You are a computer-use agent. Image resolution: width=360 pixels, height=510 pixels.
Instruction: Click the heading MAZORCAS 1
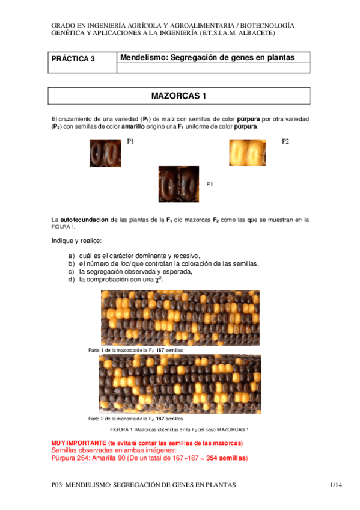click(x=178, y=96)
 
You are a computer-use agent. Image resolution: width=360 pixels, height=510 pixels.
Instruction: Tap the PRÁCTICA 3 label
click(x=73, y=59)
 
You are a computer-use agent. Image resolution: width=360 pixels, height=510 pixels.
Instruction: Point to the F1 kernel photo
click(x=178, y=184)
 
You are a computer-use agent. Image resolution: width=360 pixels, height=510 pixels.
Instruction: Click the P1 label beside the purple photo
click(x=130, y=141)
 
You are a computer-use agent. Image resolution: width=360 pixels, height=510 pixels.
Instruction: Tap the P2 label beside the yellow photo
click(x=285, y=141)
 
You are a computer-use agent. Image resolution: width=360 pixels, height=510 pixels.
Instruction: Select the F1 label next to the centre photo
click(x=210, y=184)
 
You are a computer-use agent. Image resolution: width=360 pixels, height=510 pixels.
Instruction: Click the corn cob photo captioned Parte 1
click(x=180, y=318)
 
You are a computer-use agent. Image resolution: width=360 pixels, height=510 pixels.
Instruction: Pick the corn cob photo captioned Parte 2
click(x=180, y=384)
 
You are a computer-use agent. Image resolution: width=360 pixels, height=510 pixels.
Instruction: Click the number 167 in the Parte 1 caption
click(x=160, y=350)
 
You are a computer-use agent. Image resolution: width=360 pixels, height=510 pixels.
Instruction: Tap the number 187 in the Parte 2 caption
click(x=160, y=419)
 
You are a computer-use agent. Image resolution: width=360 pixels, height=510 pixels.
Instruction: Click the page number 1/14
click(x=335, y=485)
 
